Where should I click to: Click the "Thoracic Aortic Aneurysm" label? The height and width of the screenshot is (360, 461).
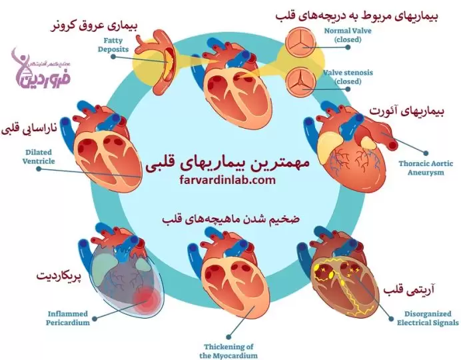(425, 167)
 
